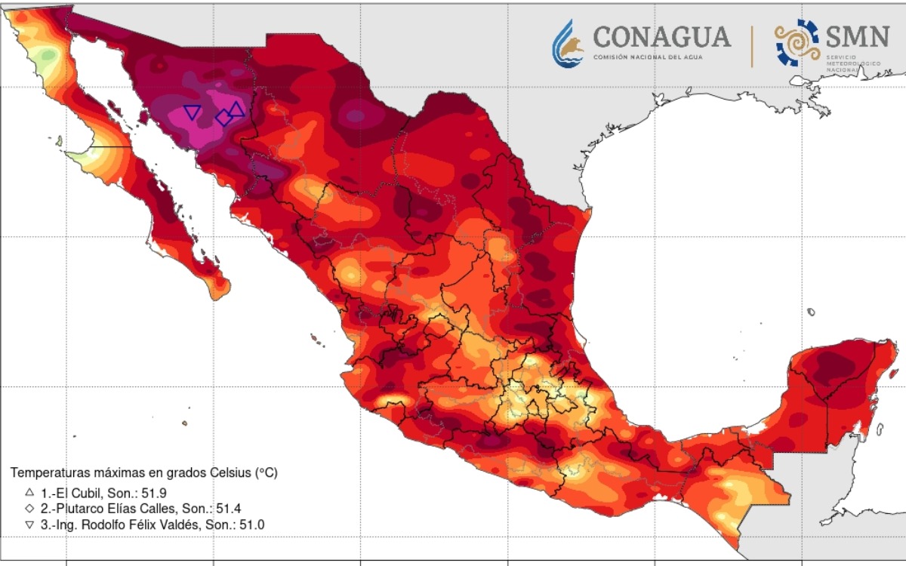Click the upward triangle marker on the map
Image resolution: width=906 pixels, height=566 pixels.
(x=236, y=109)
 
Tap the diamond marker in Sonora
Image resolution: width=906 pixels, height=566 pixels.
(x=223, y=118)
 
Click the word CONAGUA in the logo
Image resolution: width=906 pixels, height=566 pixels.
(x=661, y=36)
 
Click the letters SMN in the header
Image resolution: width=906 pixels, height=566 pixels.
(x=857, y=35)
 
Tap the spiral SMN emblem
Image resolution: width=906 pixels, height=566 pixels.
(x=797, y=42)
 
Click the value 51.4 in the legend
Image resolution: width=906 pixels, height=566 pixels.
(x=228, y=508)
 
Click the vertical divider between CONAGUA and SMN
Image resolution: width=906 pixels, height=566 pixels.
(x=752, y=45)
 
